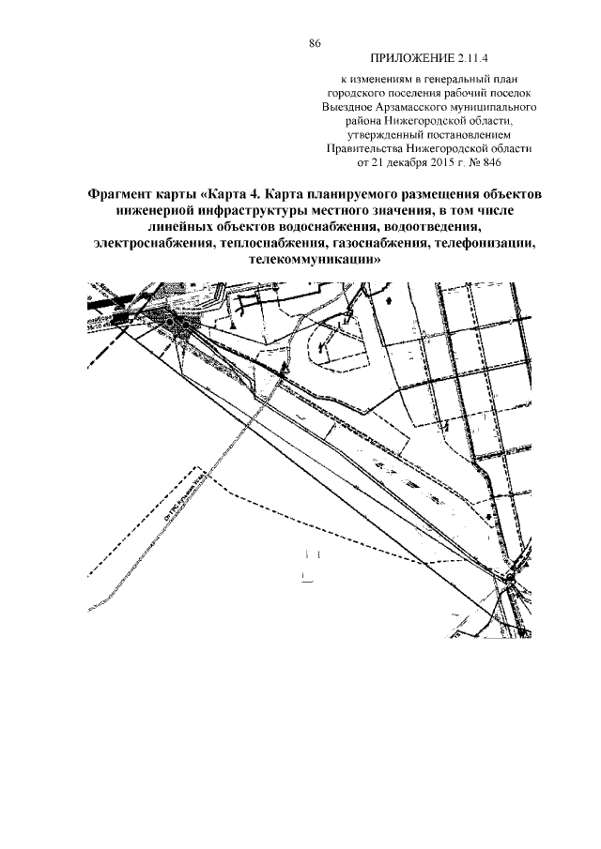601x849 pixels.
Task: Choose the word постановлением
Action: pos(460,134)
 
